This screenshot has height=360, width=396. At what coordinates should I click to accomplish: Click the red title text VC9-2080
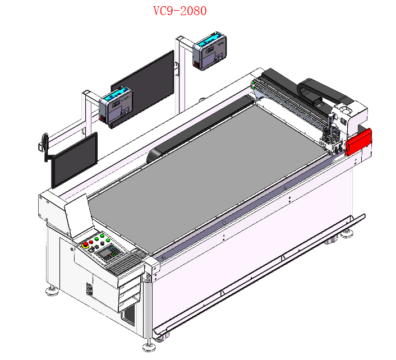[180, 11]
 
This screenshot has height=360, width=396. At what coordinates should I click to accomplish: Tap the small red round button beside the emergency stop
[91, 242]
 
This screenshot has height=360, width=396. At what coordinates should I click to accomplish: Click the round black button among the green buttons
[102, 243]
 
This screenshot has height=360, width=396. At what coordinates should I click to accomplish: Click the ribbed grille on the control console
[124, 264]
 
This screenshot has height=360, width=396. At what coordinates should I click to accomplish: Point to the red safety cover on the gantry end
[358, 142]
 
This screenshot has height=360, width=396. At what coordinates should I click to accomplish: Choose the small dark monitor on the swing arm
[75, 160]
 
